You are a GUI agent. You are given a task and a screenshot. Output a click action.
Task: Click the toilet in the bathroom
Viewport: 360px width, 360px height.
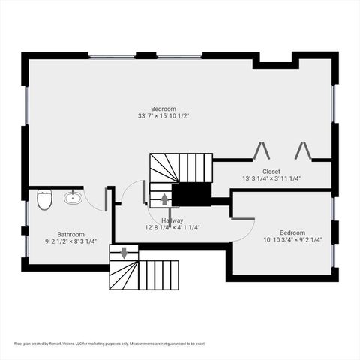[44, 201]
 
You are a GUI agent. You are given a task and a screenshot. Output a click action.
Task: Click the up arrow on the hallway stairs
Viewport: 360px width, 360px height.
[164, 200]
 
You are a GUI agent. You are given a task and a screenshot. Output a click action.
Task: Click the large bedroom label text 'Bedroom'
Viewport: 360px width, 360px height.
[163, 109]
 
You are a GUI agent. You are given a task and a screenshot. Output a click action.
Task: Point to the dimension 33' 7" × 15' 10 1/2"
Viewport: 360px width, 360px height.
[163, 116]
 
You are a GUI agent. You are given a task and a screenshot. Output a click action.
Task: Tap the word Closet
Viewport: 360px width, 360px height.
[271, 171]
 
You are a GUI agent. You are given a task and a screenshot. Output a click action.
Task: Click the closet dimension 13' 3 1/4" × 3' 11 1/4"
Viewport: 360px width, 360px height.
[271, 178]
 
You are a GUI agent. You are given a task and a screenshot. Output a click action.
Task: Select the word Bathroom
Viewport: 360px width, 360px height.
[70, 234]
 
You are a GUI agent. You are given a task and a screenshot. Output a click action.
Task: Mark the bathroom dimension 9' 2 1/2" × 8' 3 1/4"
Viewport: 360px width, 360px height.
[70, 241]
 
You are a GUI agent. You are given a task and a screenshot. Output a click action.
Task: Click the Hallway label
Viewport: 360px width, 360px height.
[172, 220]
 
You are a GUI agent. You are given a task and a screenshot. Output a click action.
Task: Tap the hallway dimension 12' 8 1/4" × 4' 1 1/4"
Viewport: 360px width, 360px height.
[172, 227]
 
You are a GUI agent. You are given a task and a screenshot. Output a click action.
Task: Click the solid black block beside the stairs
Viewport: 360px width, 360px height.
[191, 194]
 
